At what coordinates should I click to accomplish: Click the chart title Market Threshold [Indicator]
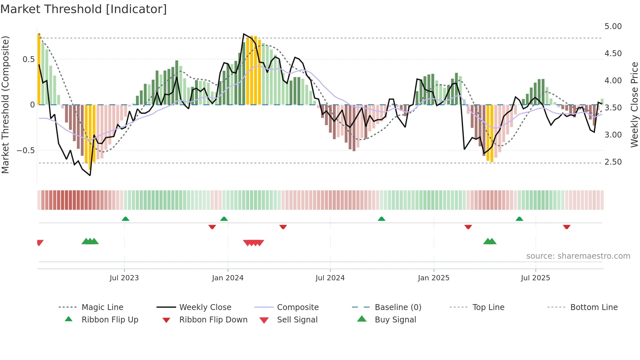click(x=84, y=9)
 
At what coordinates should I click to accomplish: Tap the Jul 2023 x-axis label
click(x=124, y=278)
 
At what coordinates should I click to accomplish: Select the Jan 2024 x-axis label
click(x=228, y=278)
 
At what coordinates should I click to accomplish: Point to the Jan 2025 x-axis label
click(x=434, y=278)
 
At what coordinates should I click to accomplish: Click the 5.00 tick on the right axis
click(x=613, y=26)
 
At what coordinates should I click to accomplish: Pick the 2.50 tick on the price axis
click(x=613, y=162)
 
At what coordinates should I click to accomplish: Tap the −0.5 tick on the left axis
click(x=25, y=151)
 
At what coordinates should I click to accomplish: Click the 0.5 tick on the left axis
click(x=28, y=59)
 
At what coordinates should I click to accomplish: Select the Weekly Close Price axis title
click(x=634, y=105)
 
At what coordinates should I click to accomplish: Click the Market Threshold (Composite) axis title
click(x=5, y=105)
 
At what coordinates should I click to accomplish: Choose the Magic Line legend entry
click(x=102, y=307)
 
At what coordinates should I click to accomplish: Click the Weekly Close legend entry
click(x=205, y=307)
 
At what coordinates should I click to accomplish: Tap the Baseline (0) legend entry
click(x=398, y=307)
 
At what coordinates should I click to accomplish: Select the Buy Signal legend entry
click(x=395, y=320)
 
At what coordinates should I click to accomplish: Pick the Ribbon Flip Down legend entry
click(x=213, y=320)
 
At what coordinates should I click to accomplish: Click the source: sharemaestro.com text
click(x=578, y=256)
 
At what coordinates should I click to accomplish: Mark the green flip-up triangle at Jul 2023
click(x=125, y=219)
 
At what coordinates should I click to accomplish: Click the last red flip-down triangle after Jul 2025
click(x=567, y=227)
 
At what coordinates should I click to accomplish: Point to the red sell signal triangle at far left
click(x=40, y=242)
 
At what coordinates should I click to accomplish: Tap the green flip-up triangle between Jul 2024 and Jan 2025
click(x=381, y=219)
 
